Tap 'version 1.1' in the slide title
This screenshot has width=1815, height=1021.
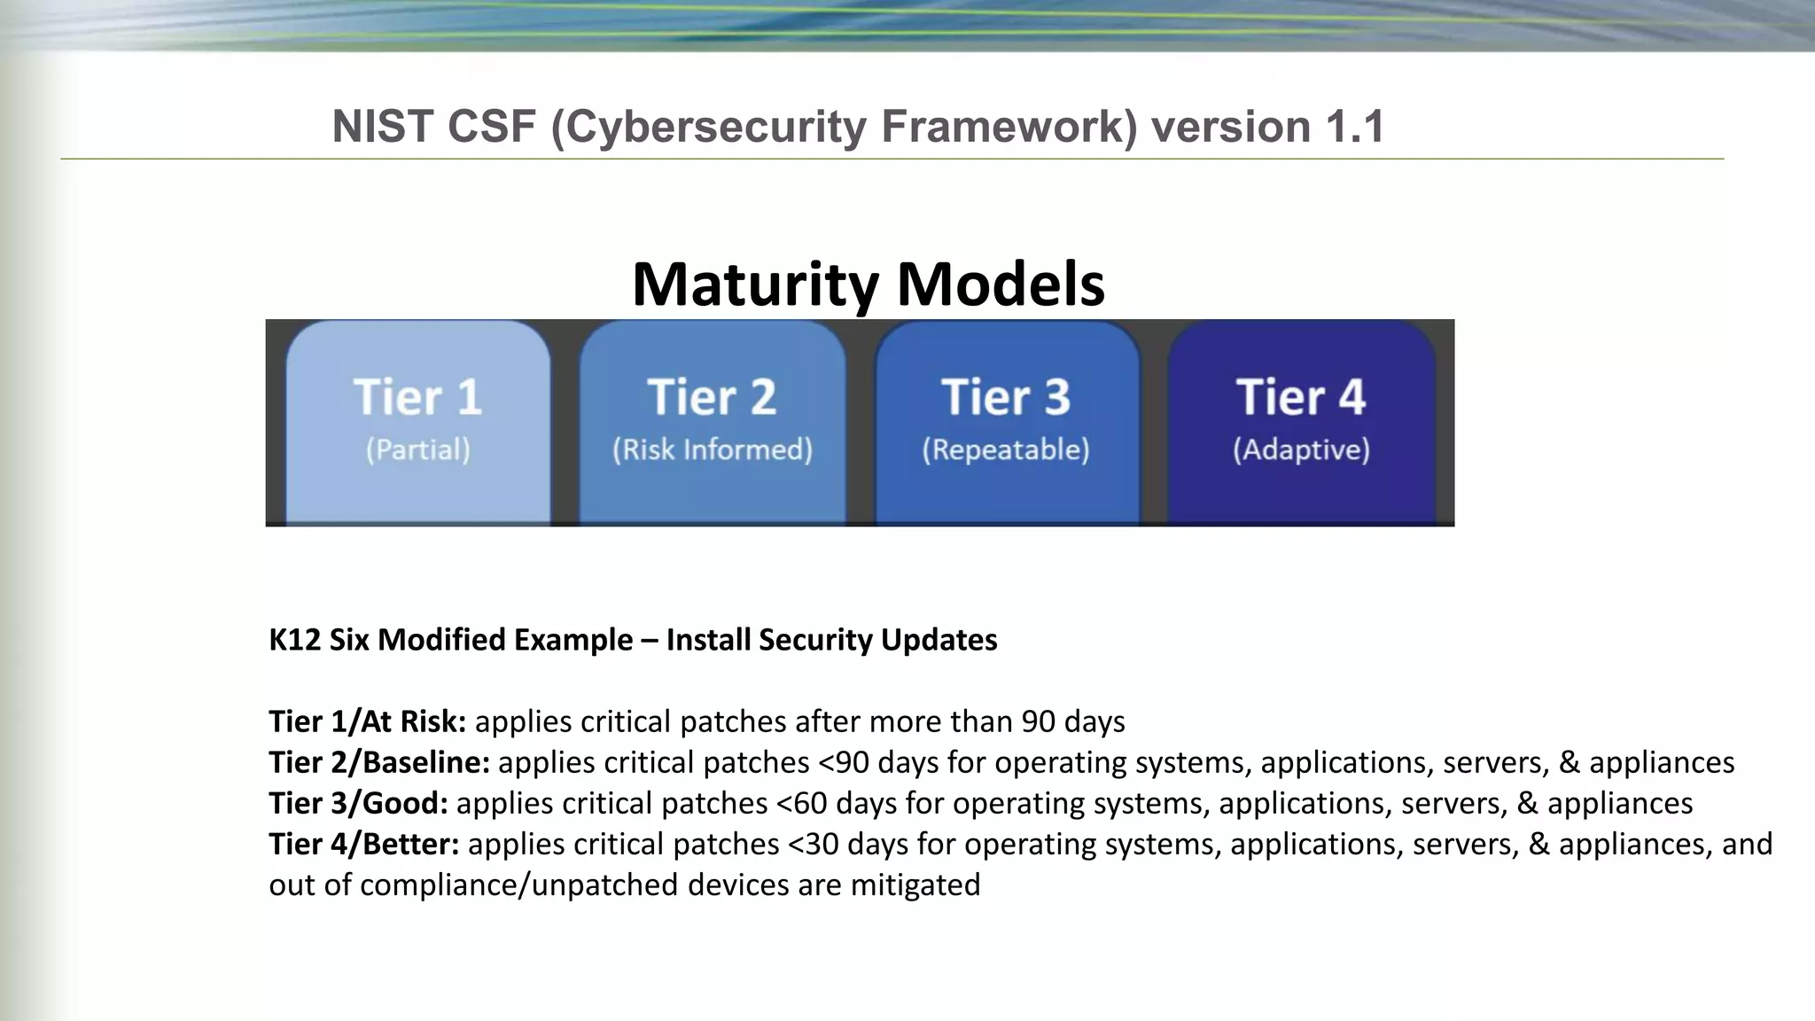[1267, 127]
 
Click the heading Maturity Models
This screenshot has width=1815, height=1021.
[868, 284]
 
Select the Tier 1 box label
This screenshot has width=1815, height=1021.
[417, 397]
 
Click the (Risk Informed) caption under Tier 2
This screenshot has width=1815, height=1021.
[712, 449]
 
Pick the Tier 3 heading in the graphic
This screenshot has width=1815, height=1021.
[1006, 397]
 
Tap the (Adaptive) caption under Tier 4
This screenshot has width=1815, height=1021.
[1301, 449]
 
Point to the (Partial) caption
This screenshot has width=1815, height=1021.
[417, 449]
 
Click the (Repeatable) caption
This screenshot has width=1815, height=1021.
[1006, 449]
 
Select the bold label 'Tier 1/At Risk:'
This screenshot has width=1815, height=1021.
[367, 721]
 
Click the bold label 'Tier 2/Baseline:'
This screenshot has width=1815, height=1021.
[379, 762]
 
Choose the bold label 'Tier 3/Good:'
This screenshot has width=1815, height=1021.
[358, 803]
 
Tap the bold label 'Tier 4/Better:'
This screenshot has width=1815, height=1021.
[364, 844]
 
